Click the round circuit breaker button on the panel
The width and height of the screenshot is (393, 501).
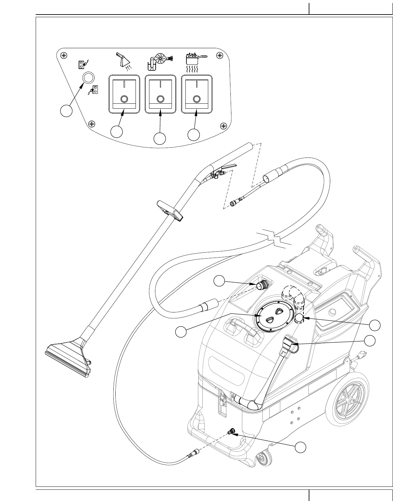88,78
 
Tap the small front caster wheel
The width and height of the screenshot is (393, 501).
264,457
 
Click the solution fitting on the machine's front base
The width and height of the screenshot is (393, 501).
231,431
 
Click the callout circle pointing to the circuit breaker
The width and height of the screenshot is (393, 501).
66,111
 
